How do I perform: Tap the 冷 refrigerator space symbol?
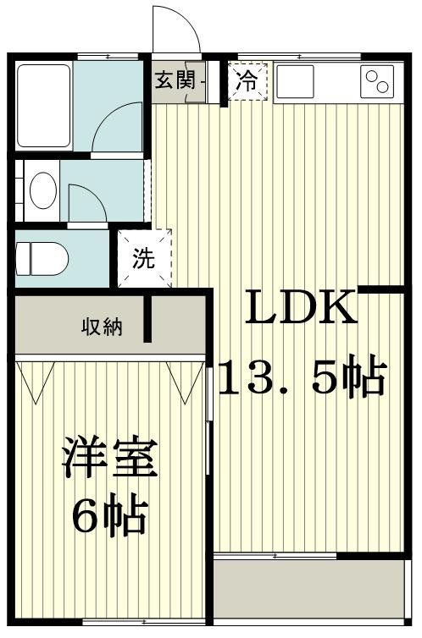[x=247, y=82]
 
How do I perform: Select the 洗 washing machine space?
[x=144, y=258]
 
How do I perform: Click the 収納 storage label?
[x=101, y=326]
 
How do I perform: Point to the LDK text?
[x=301, y=310]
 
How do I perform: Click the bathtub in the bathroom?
[x=43, y=105]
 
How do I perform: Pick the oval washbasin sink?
[x=42, y=190]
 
